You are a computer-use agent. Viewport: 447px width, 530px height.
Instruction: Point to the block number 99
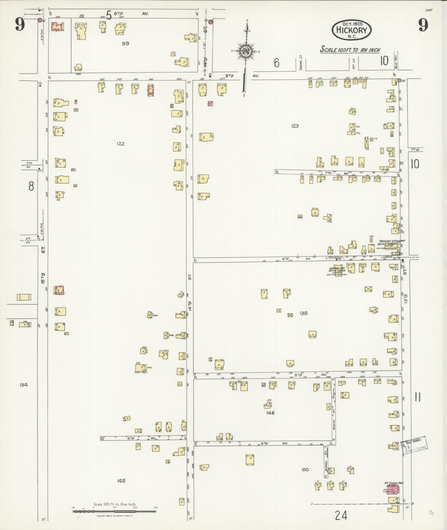click(126, 43)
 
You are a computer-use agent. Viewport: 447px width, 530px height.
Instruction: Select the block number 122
click(121, 144)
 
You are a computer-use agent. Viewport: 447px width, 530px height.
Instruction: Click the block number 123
click(295, 126)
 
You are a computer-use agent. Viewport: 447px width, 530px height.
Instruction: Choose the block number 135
click(304, 313)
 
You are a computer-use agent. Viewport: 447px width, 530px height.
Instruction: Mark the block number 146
click(270, 413)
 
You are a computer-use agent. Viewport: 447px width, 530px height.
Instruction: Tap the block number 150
click(305, 470)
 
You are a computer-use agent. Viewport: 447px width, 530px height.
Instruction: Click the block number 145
click(121, 481)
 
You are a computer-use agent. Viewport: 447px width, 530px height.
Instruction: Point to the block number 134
click(24, 385)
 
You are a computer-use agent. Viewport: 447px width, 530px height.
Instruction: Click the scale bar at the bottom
click(115, 511)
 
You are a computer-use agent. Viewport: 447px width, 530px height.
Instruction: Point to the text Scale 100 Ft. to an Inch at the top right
click(350, 50)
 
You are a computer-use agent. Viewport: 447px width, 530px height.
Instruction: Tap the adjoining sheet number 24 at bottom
click(341, 516)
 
